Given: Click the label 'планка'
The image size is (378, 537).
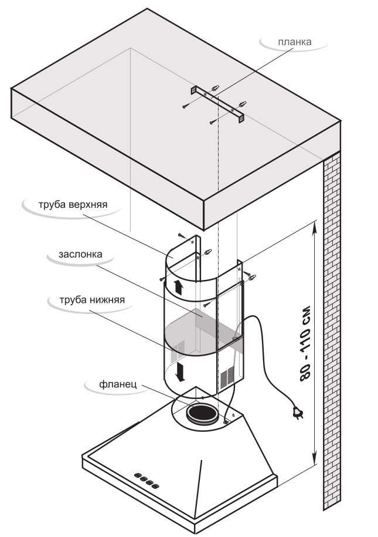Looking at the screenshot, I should coord(295,42).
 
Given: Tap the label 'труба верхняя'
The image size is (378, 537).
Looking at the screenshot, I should coord(73,206).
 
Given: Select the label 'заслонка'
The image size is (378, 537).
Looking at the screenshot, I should coord(81,255).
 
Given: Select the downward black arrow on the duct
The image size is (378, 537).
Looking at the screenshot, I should coord(181,371).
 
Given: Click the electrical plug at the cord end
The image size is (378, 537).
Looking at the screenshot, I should coord(298,414).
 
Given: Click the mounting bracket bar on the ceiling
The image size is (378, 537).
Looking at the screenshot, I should coord(217,104).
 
